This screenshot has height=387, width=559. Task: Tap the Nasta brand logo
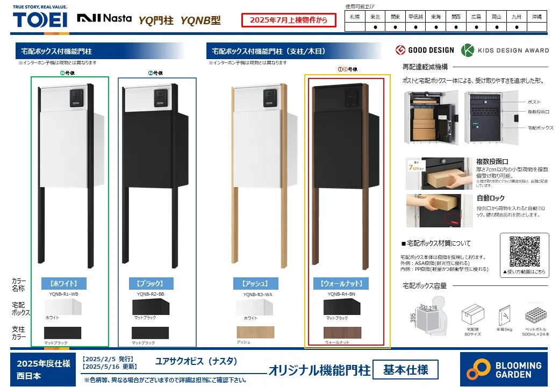point(104,18)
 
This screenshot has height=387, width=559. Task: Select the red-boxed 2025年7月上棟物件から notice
point(289,20)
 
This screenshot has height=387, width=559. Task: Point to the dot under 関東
point(395,27)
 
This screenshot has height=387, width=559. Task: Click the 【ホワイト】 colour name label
point(63,283)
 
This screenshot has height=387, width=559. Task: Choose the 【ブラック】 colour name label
point(151,283)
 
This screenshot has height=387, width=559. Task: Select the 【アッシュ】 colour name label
point(255,283)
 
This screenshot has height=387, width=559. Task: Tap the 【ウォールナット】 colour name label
point(341,283)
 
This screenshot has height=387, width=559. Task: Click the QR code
point(524,251)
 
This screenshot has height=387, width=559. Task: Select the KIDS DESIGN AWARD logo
point(505,50)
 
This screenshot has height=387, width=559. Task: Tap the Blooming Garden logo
point(504,369)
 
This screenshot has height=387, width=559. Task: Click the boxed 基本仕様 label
point(406,369)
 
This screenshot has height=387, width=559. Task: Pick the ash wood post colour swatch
point(255,332)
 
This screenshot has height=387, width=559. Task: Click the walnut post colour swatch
point(343,332)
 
